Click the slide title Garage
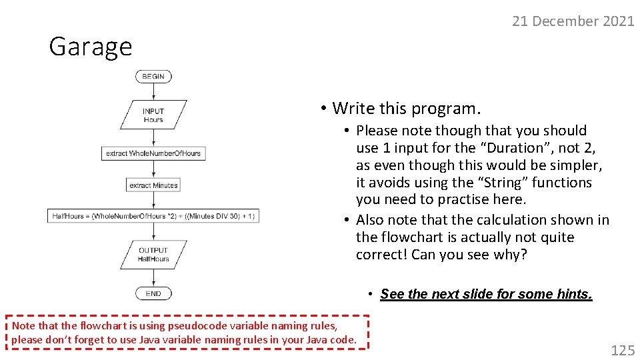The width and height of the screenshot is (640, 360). click(91, 47)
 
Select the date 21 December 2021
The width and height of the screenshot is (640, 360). click(573, 21)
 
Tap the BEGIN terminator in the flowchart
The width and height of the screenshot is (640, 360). click(153, 77)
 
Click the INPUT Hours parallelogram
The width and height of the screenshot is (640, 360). click(153, 115)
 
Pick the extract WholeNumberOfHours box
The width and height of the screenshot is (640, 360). click(153, 153)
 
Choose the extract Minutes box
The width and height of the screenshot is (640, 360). click(153, 185)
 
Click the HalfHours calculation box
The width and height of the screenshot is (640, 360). click(153, 216)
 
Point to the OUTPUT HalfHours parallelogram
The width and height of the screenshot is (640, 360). click(153, 255)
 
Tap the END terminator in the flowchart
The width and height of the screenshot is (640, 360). click(153, 293)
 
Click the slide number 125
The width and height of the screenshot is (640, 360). click(623, 350)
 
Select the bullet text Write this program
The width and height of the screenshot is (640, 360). click(406, 108)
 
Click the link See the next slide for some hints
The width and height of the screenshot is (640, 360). click(486, 294)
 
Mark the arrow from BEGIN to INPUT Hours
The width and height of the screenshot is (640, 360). click(153, 92)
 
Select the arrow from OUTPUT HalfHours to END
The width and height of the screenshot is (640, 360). click(153, 277)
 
